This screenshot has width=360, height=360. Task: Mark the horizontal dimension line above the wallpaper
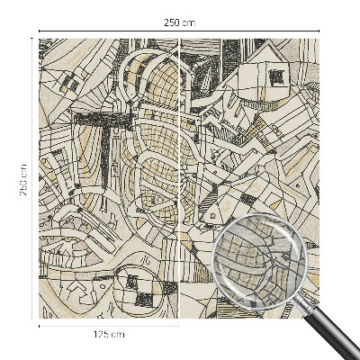(x=108, y=32)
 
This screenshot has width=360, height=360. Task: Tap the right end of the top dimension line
(x=320, y=32)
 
